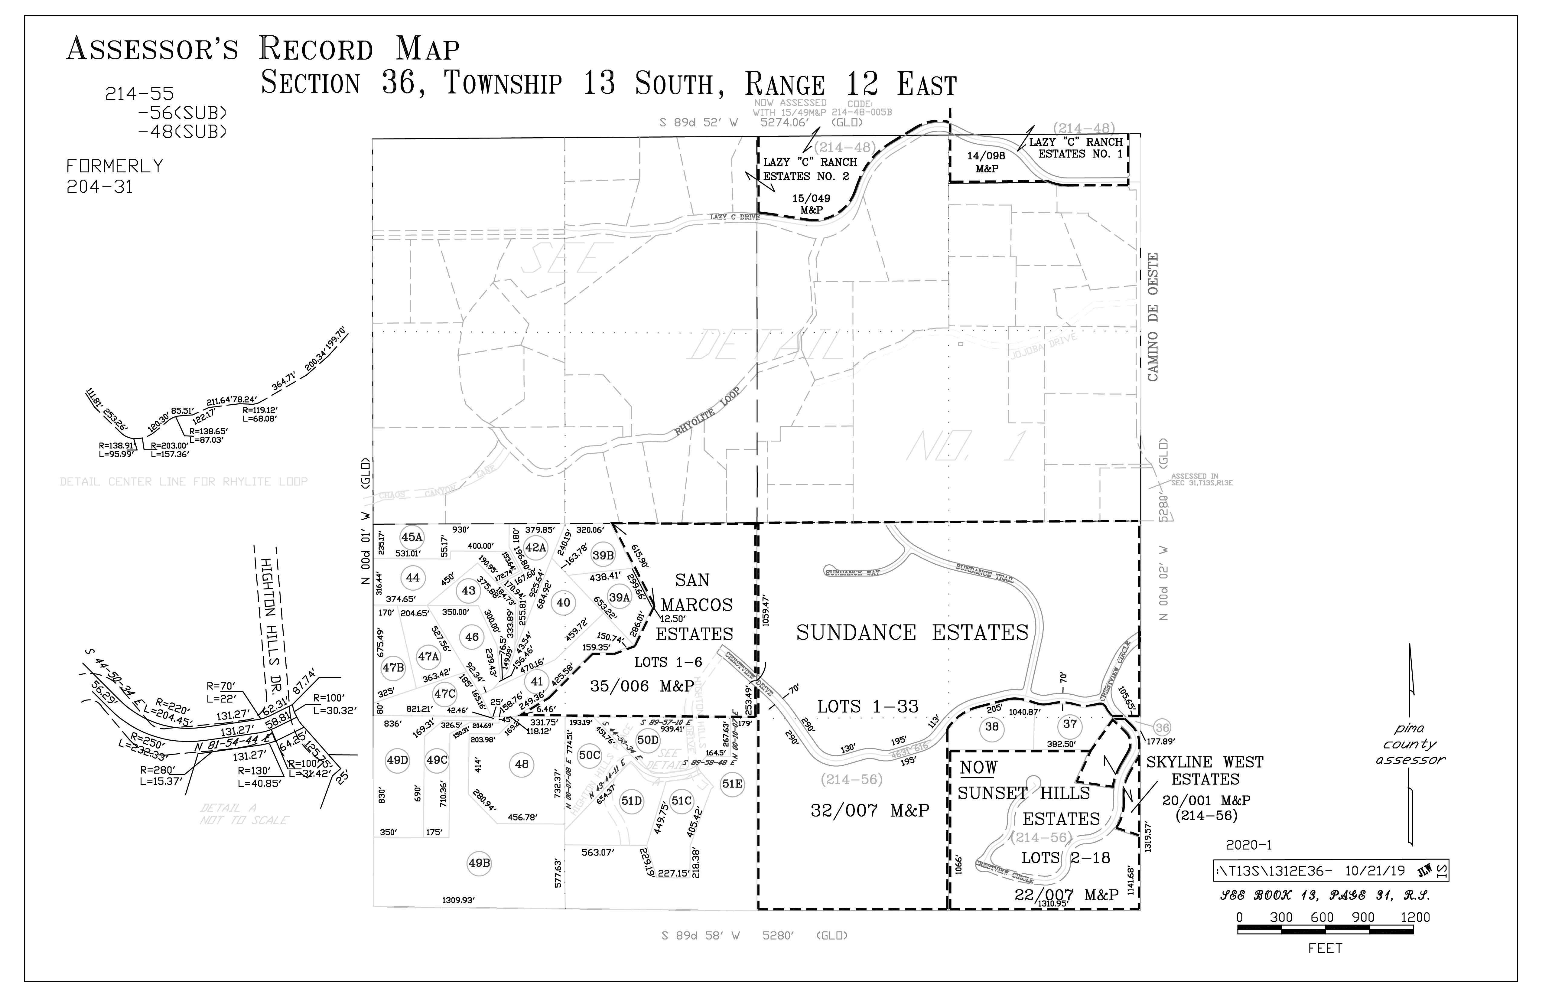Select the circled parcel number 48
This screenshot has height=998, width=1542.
(x=522, y=764)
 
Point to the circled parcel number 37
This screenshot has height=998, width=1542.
(x=1070, y=724)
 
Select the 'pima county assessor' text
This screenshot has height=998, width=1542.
(x=1410, y=744)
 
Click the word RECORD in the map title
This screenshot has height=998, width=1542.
(x=316, y=49)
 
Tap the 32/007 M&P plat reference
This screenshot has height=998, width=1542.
(x=870, y=810)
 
